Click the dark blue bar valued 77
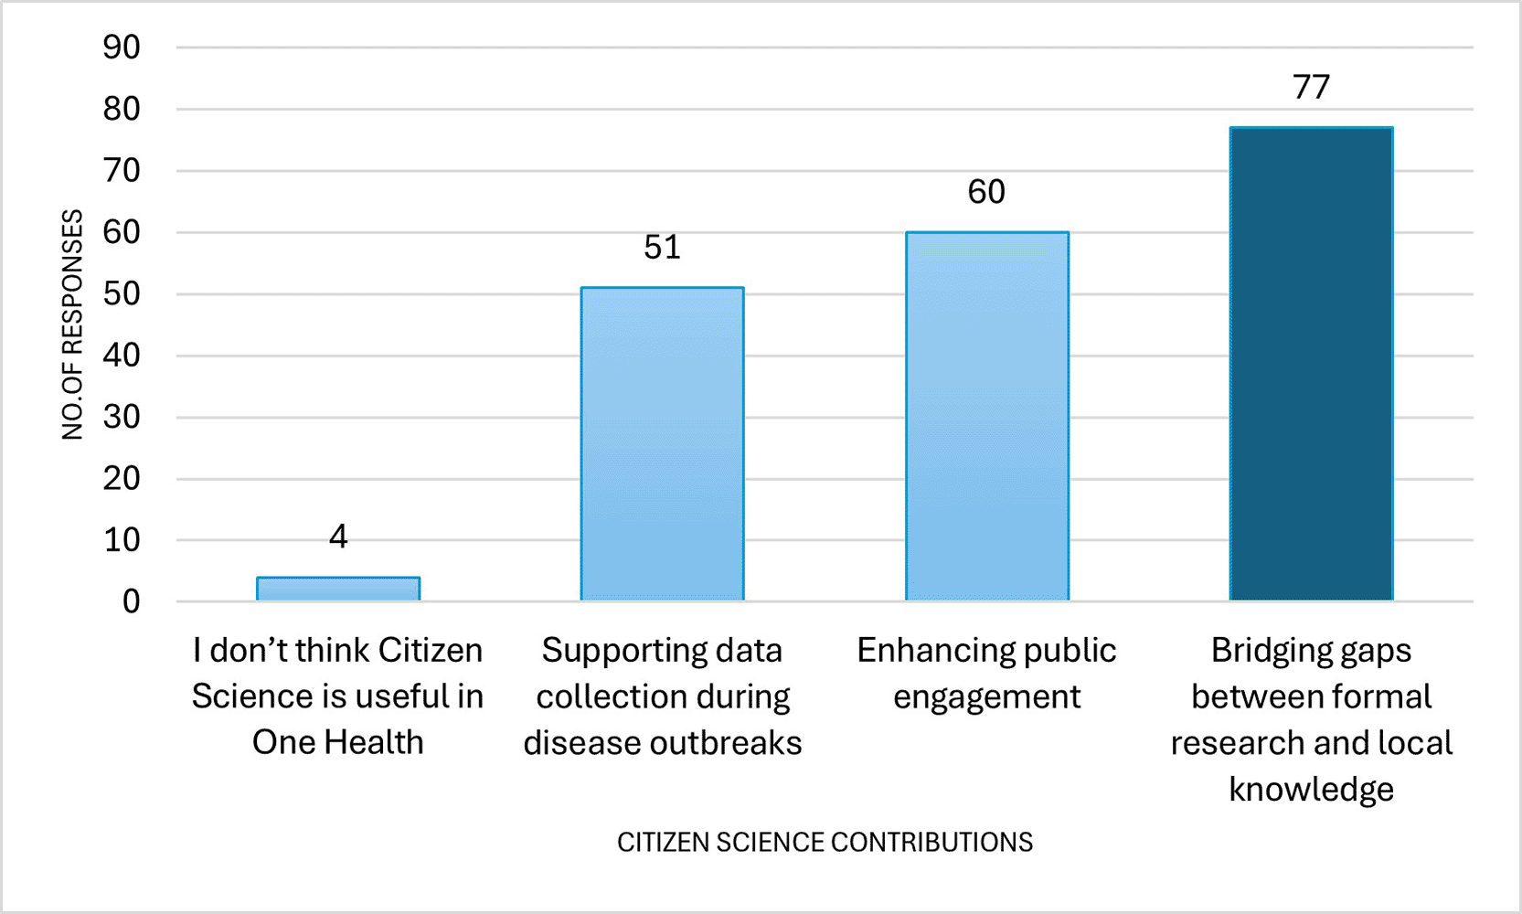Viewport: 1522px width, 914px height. (1312, 364)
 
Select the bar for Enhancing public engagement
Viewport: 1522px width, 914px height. (987, 416)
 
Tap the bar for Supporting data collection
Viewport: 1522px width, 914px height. (663, 444)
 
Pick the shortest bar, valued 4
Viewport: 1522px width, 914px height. (338, 589)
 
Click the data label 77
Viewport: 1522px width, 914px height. (1312, 87)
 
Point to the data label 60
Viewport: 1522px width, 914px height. (986, 192)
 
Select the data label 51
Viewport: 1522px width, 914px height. (663, 247)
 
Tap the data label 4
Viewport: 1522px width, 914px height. (338, 537)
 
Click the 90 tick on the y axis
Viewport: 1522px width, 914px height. (122, 48)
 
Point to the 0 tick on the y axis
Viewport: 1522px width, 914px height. (131, 602)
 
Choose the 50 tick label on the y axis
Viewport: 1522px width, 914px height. (122, 294)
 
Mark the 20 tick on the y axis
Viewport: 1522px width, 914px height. (122, 479)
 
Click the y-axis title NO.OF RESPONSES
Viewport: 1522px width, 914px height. (72, 324)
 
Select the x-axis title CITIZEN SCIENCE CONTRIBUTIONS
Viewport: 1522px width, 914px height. (825, 843)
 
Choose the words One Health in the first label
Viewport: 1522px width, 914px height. (337, 742)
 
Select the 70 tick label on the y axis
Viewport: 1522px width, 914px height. (122, 171)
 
